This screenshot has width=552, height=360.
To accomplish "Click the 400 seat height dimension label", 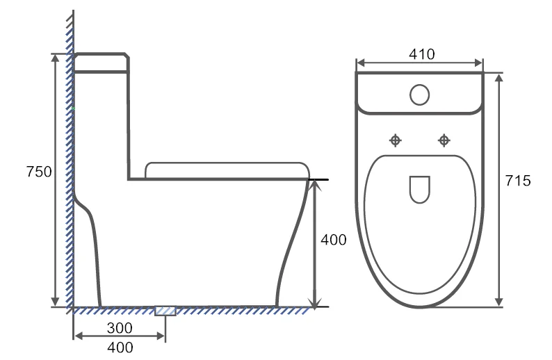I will [x=333, y=240].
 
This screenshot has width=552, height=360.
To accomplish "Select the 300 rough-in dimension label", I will [x=120, y=326].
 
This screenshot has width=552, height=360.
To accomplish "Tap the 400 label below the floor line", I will [x=120, y=347].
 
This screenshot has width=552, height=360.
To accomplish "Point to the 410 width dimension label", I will [x=421, y=54].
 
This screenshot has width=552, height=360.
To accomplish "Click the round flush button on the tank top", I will [x=420, y=94].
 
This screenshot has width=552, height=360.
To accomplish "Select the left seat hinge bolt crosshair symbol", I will [x=396, y=141].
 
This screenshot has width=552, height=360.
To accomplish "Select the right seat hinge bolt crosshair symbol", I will [x=444, y=141].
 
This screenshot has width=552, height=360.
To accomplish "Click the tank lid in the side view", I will [x=101, y=62].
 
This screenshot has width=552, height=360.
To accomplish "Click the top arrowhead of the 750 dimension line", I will [x=56, y=56].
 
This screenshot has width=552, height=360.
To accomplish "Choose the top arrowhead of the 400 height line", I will [x=316, y=184].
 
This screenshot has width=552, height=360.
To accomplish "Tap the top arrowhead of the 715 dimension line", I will [x=499, y=76].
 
